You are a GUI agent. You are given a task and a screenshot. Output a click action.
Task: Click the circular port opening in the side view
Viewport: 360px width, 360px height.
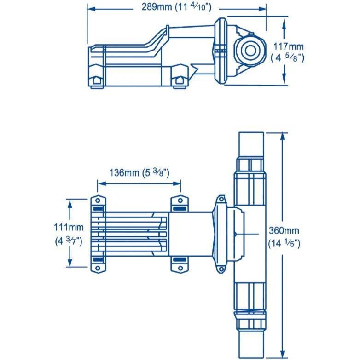250,51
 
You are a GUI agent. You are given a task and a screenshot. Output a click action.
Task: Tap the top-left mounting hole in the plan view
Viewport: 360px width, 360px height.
98,200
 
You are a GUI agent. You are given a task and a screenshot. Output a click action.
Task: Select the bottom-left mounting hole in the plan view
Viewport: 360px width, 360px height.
98,268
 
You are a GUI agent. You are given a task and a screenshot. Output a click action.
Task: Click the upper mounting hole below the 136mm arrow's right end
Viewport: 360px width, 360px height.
180,200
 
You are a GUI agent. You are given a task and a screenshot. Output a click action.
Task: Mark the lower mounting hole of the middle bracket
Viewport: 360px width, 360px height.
180,268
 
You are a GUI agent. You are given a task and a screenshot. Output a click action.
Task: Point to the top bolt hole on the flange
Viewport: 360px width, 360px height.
221,199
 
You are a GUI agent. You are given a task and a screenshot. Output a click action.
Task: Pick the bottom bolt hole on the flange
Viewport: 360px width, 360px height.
221,269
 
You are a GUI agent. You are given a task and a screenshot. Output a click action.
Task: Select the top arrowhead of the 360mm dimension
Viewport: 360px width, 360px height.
283,137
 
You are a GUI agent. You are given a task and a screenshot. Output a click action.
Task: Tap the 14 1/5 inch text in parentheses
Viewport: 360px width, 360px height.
284,243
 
